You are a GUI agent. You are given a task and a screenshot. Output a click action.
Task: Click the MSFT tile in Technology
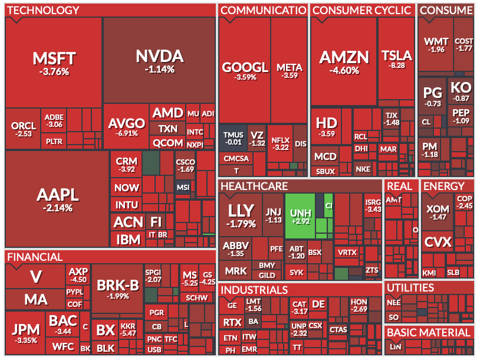54,63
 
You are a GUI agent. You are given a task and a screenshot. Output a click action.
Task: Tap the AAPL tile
57,199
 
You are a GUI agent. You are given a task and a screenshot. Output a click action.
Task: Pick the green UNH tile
300,215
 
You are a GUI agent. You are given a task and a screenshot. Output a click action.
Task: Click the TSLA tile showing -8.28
397,59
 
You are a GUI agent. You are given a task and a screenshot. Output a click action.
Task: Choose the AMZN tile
344,61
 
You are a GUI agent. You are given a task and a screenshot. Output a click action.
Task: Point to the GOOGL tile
245,70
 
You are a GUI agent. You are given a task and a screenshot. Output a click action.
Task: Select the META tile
290,70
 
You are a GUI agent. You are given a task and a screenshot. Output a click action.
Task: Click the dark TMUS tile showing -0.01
233,138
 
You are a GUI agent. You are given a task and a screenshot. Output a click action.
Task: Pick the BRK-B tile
117,289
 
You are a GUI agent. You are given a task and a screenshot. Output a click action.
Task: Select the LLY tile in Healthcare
241,215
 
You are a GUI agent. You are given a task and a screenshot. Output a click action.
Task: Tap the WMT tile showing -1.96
436,45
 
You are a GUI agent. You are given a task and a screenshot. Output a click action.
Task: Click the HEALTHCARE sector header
254,186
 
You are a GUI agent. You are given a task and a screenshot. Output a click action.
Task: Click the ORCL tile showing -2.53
24,129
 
